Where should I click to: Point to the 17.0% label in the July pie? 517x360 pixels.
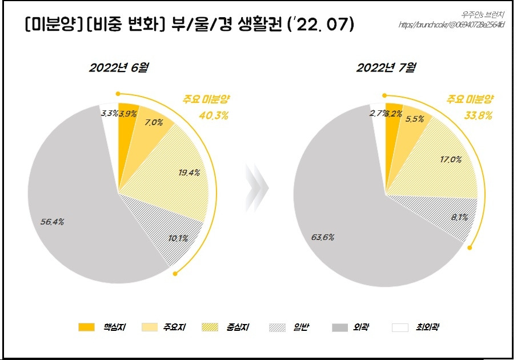pyautogui.click(x=450, y=159)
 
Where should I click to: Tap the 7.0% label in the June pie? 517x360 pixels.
pyautogui.click(x=154, y=122)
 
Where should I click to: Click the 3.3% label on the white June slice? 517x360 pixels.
pyautogui.click(x=109, y=113)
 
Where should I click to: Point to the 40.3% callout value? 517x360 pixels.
pyautogui.click(x=214, y=116)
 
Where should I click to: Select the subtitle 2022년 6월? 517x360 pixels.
pyautogui.click(x=119, y=68)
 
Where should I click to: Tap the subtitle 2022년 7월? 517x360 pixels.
pyautogui.click(x=386, y=68)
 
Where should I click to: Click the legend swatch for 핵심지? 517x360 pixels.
pyautogui.click(x=86, y=327)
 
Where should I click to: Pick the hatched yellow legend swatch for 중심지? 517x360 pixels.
pyautogui.click(x=210, y=327)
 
